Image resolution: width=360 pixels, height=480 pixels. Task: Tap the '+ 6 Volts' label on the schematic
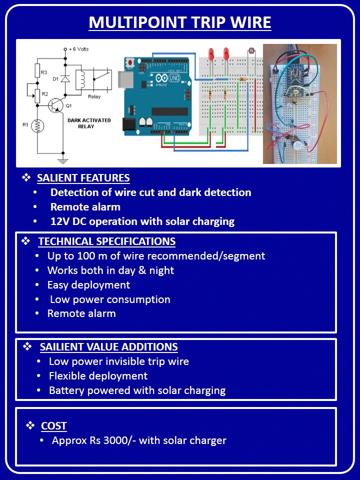tap(79, 49)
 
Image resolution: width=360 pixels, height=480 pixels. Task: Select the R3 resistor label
tap(44, 73)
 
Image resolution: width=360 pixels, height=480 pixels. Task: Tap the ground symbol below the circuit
tap(63, 160)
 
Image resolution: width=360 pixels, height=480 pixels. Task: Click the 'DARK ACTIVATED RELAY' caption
tap(89, 123)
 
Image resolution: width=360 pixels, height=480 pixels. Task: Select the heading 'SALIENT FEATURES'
tap(83, 178)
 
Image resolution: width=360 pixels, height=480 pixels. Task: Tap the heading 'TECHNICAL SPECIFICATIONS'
tap(106, 241)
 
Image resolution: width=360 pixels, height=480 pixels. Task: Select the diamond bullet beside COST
tap(30, 425)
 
